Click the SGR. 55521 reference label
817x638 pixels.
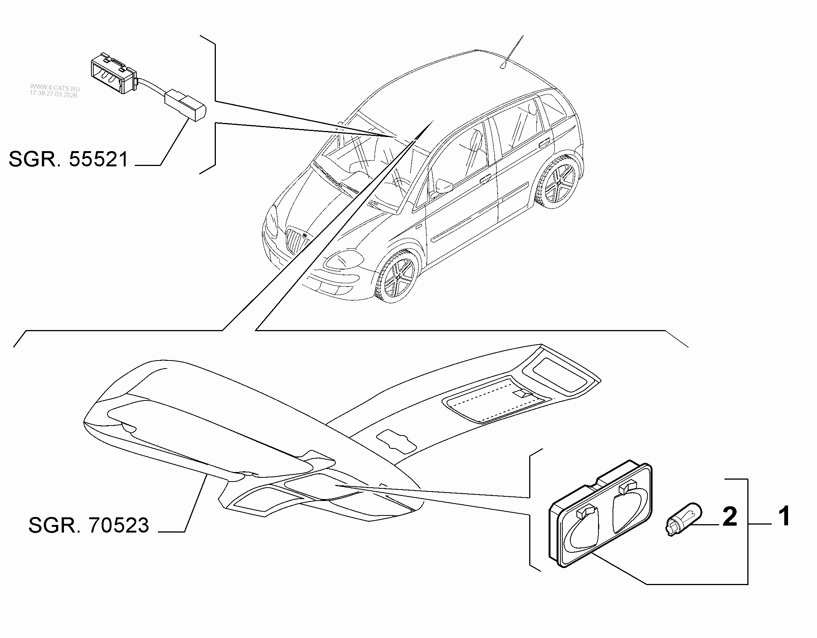[x=69, y=159]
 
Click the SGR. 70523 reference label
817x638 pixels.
[x=89, y=525]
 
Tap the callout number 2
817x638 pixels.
[x=729, y=516]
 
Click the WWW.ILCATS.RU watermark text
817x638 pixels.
[x=55, y=88]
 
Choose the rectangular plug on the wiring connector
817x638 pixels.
[x=185, y=107]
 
